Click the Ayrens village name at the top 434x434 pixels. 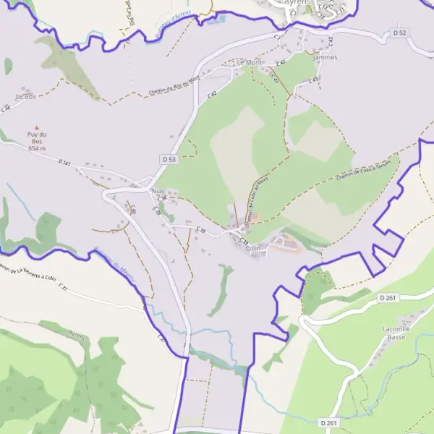pos(297,3)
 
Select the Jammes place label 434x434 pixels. pos(326,57)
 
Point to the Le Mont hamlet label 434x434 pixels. pos(250,63)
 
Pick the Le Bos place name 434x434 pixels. pos(25,95)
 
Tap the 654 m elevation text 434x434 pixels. pos(37,148)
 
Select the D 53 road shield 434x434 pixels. pos(169,158)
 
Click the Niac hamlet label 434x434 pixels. pos(158,192)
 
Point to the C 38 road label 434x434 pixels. pos(162,198)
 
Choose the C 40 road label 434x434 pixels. pos(134,210)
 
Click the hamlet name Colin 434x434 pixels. pos(252,248)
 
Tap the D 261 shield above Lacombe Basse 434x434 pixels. pos(388,297)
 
